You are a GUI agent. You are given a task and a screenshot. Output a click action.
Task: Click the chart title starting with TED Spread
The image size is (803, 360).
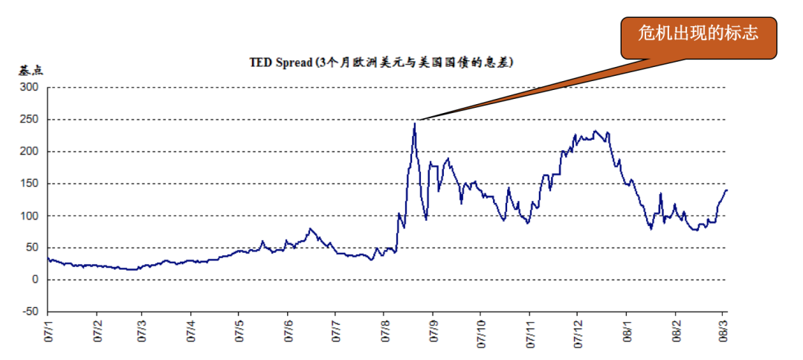pos(381,62)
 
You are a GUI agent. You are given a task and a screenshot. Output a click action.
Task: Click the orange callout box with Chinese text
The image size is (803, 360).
pos(700,35)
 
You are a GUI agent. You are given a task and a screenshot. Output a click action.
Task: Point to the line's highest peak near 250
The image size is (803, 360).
pos(414,123)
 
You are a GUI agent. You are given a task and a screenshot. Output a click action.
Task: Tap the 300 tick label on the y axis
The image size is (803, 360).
pos(29,87)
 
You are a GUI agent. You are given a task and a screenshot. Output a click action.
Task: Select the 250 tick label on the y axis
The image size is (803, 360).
pos(29,119)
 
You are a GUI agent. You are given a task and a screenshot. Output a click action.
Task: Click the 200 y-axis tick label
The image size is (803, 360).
pos(29,151)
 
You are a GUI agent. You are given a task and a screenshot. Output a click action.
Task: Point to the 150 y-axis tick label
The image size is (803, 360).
pos(29,184)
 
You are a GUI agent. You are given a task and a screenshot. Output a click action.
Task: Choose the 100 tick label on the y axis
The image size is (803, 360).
pos(29,216)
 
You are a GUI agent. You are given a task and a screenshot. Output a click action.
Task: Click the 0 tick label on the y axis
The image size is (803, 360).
pos(34,280)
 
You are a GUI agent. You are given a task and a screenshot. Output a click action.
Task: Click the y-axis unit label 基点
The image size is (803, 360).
pos(31,71)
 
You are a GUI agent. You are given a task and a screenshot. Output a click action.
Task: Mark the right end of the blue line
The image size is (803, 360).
pos(727,190)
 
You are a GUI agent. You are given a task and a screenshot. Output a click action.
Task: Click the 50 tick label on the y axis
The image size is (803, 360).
pos(31,248)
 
